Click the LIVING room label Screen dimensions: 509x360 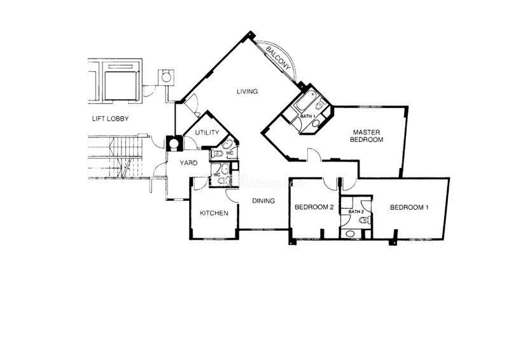click(247, 92)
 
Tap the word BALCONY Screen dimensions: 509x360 click(277, 59)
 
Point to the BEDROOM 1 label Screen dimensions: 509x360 click(409, 207)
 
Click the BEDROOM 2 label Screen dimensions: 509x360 click(314, 207)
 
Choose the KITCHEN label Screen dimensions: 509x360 click(214, 213)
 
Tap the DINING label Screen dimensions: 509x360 click(263, 201)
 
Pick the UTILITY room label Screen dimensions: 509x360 click(207, 132)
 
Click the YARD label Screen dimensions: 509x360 click(188, 163)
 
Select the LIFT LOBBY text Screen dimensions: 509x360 click(110, 119)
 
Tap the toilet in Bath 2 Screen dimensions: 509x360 click(365, 221)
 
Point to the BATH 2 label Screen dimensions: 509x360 click(356, 212)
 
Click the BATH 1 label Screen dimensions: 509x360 click(307, 116)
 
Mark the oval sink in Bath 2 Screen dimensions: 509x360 click(350, 233)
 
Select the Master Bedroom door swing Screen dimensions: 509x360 click(314, 154)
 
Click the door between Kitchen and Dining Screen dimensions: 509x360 click(232, 197)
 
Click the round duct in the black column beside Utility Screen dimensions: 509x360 click(174, 143)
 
